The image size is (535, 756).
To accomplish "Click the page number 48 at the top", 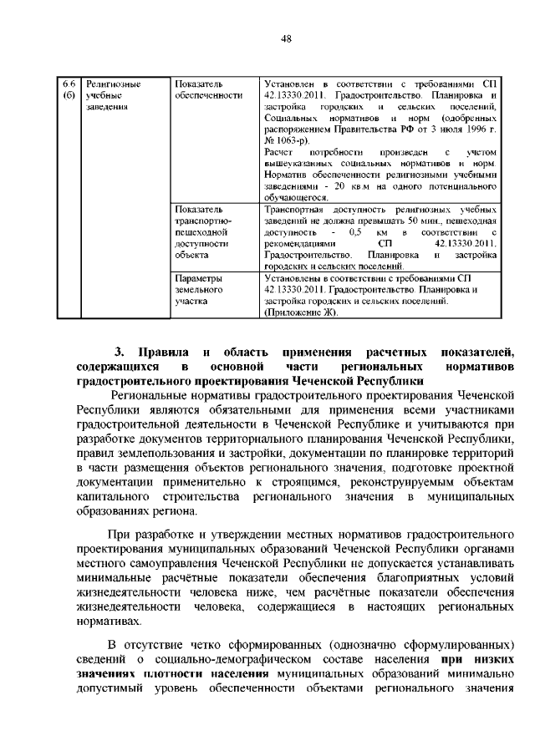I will [285, 38].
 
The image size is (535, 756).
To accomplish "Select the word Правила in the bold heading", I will [166, 352].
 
